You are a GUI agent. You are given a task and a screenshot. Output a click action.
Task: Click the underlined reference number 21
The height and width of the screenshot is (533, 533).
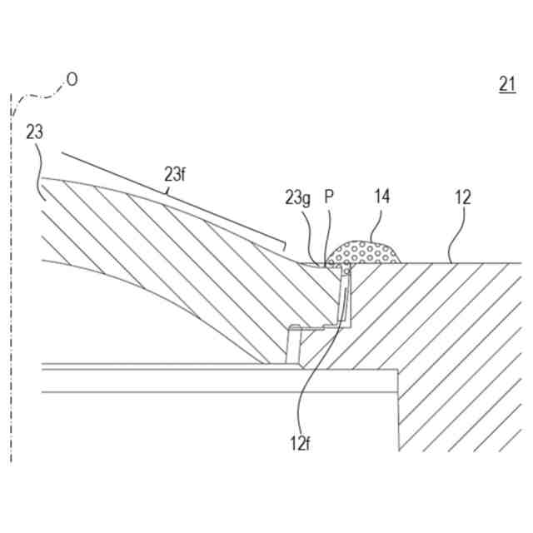pyautogui.click(x=507, y=83)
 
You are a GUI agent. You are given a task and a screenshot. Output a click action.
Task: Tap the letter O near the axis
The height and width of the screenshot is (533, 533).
pyautogui.click(x=72, y=79)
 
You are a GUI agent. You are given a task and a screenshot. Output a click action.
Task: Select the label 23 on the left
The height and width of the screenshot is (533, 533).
pyautogui.click(x=34, y=132)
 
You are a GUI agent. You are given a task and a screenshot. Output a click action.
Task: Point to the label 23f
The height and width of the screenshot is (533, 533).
pyautogui.click(x=174, y=174)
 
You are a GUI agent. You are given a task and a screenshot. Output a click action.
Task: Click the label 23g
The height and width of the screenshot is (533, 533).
pyautogui.click(x=297, y=198)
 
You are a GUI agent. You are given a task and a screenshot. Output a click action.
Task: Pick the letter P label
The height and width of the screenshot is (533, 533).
pyautogui.click(x=329, y=197)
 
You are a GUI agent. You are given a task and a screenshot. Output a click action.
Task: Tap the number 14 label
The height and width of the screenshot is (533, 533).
pyautogui.click(x=381, y=197)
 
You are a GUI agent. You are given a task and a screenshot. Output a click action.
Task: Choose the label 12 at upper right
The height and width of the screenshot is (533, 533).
pyautogui.click(x=463, y=197)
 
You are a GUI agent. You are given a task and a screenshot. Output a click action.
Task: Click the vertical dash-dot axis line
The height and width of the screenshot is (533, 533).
pyautogui.click(x=11, y=333)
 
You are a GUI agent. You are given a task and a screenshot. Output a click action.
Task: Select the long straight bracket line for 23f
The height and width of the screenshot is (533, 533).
pyautogui.click(x=167, y=199)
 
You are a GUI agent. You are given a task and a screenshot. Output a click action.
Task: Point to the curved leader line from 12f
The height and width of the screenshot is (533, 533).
pyautogui.click(x=311, y=366)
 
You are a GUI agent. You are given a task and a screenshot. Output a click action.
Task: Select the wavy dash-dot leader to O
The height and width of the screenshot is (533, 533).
pyautogui.click(x=37, y=96)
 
